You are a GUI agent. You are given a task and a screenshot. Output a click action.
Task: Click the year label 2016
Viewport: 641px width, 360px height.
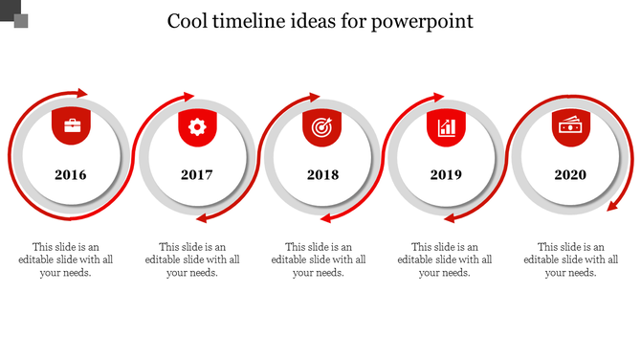coord(70,175)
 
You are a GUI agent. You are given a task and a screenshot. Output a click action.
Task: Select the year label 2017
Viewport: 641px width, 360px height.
coord(197,175)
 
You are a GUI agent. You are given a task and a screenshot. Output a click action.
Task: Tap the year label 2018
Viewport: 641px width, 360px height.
coord(322,175)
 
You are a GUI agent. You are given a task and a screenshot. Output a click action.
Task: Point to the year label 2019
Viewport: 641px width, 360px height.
coord(446,175)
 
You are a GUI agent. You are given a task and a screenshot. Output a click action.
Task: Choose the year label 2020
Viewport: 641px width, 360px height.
coord(570,175)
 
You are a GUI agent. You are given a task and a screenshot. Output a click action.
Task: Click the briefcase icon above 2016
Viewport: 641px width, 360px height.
coord(72,125)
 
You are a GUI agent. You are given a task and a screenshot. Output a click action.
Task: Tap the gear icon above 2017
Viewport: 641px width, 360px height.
coord(197,125)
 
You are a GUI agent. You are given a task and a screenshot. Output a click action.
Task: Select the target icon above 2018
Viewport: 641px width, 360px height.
coord(321,125)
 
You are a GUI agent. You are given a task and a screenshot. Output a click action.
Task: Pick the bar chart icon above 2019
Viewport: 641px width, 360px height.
coord(446,125)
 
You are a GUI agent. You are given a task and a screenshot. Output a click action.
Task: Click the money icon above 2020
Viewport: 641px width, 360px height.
coord(570,125)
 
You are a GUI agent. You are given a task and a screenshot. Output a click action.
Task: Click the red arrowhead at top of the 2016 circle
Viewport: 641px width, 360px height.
coord(82,93)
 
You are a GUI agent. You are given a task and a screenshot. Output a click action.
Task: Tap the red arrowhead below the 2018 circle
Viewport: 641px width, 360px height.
coord(326,218)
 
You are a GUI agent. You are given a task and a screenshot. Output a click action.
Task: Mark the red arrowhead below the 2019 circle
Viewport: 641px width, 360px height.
coord(450,218)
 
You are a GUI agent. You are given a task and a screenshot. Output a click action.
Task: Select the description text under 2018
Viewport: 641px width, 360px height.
coord(319,259)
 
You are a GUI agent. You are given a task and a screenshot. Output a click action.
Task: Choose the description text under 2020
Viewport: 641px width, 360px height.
coord(571,259)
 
